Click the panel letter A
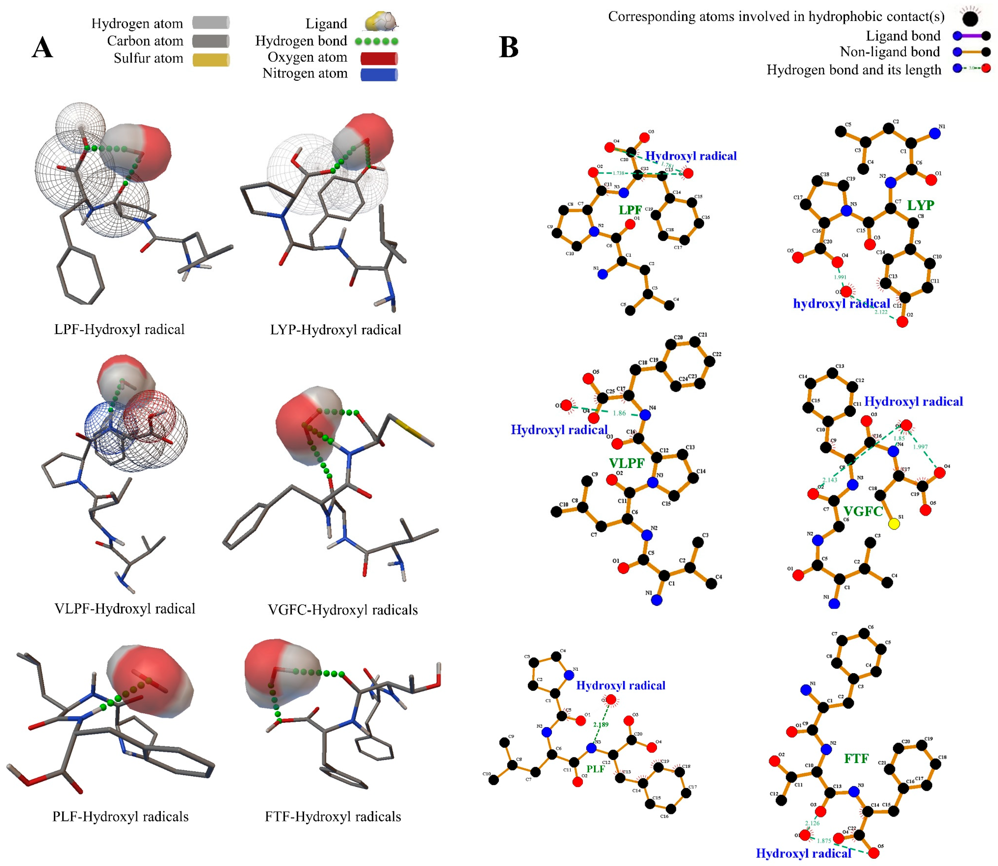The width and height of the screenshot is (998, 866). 43,48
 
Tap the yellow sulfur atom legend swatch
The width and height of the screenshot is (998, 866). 211,59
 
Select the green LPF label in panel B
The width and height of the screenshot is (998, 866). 630,210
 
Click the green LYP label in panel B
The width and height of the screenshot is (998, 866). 920,205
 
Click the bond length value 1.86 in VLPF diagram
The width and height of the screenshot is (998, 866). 619,413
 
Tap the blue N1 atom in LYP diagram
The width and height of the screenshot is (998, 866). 935,134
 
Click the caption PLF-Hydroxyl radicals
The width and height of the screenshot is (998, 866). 120,817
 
